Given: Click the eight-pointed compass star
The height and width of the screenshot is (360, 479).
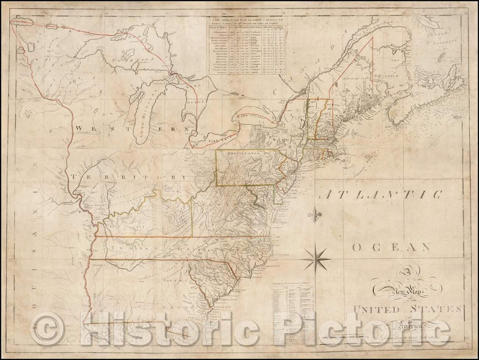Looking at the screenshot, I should click(316, 258).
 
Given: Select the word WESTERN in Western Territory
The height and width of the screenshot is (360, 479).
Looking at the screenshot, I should click(136, 128).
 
